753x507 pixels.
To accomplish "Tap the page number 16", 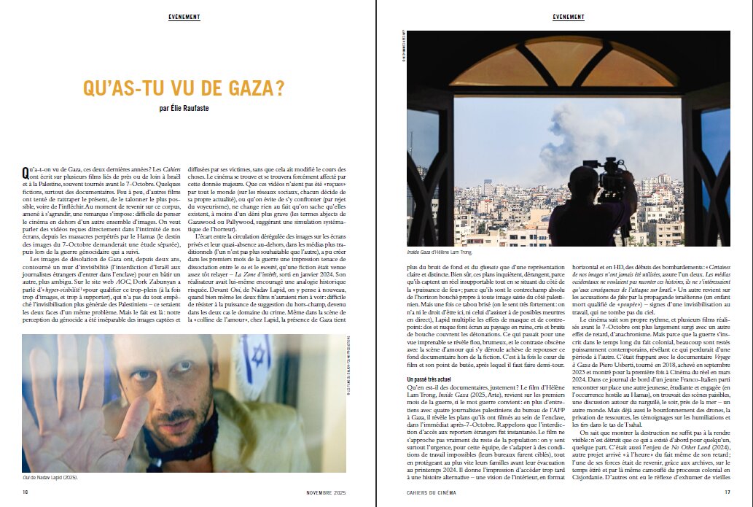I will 25,492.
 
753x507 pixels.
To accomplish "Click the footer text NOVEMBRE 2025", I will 326,492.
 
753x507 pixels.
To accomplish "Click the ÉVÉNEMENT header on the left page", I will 184,16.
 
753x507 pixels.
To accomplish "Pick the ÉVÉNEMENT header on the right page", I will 568,16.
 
